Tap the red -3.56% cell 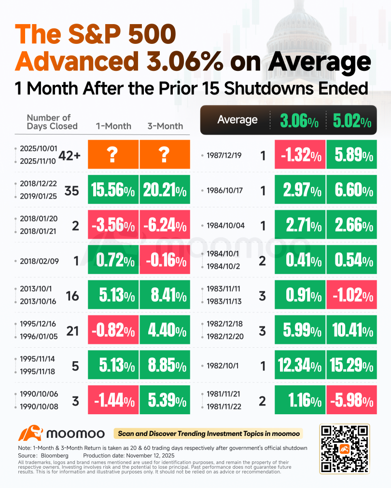[x=113, y=225]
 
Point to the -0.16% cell [x=164, y=260]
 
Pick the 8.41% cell [x=164, y=295]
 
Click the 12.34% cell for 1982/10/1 [x=300, y=365]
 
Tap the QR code [x=344, y=448]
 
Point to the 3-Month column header [x=165, y=126]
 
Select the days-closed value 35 [x=72, y=191]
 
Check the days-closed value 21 [x=72, y=330]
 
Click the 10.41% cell [x=351, y=330]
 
